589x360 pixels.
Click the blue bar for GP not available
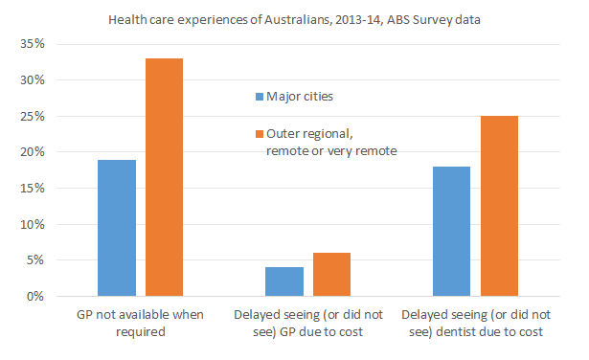[117, 229]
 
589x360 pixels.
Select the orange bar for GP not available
[164, 178]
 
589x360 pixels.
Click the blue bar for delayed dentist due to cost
[451, 232]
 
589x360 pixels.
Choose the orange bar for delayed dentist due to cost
[498, 207]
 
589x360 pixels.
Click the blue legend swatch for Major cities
[258, 97]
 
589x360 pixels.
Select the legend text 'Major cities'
[301, 97]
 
